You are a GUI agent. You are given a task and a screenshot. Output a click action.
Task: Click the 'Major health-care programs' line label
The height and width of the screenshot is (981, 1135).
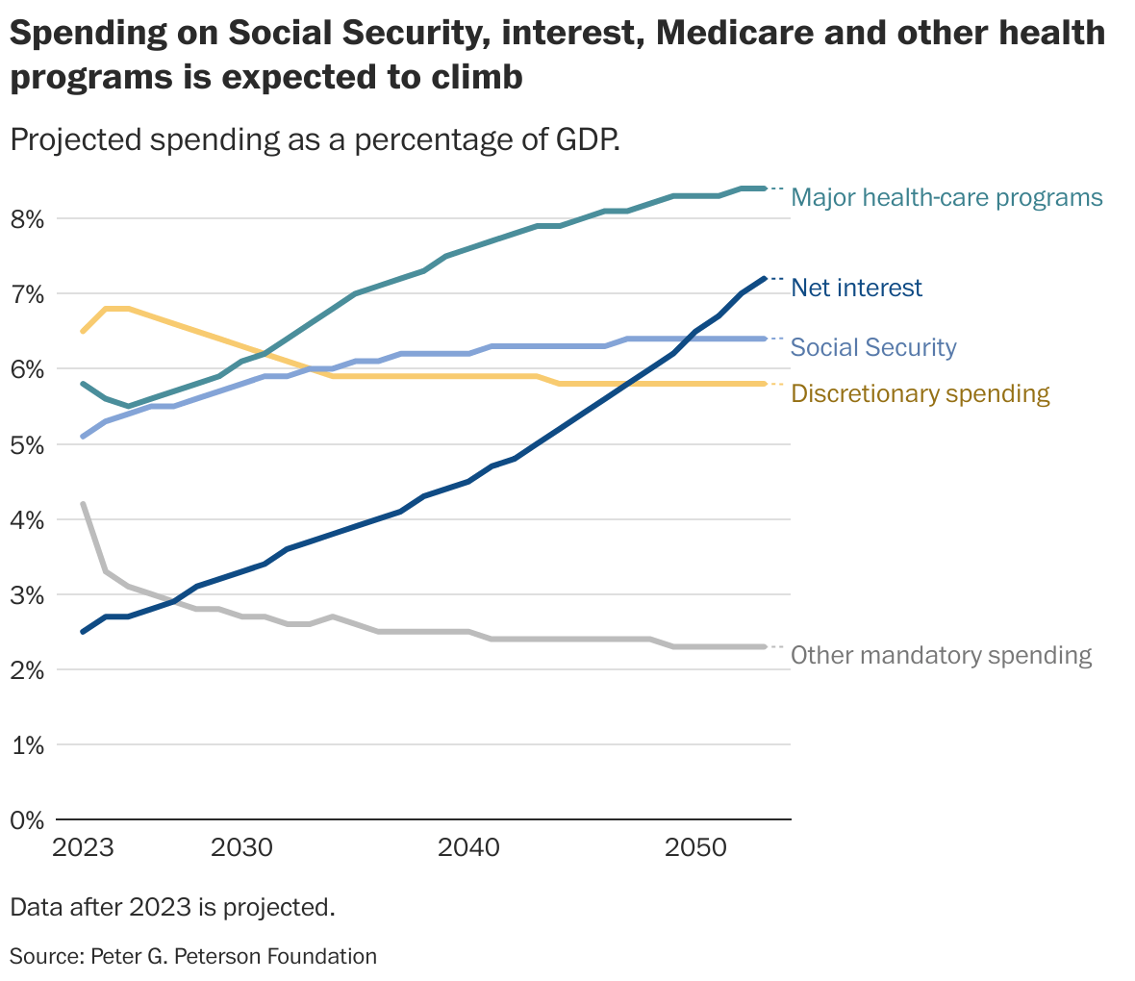coord(946,198)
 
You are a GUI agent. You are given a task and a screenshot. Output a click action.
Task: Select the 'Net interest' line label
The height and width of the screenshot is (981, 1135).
coord(856,288)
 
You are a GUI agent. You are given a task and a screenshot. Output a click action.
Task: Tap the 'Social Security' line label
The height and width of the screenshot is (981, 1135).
coord(873,347)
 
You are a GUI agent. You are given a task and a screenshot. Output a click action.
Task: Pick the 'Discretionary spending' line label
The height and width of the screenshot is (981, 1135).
coord(920,393)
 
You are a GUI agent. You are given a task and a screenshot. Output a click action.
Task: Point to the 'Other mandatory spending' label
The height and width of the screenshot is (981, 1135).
coord(941,656)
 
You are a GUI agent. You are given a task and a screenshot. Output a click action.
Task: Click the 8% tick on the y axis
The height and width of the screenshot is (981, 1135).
coord(28,219)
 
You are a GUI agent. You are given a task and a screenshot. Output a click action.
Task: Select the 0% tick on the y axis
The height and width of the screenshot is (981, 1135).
coord(28,820)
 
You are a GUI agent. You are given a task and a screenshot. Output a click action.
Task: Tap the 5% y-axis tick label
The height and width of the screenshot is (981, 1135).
coord(28,445)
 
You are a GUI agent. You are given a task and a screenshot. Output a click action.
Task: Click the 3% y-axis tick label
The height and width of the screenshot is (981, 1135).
coord(28,595)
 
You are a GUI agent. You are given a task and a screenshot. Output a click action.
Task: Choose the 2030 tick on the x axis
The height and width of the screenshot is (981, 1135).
coord(241,848)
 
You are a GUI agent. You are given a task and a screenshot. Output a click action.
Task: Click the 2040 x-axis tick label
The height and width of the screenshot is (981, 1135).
coord(468,848)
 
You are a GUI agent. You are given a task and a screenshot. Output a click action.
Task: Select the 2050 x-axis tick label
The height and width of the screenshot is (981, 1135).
coord(695,848)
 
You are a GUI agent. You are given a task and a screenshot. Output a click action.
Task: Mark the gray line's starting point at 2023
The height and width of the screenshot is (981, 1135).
coord(84,504)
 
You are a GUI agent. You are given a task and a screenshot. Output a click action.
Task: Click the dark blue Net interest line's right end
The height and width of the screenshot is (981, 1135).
coord(764,279)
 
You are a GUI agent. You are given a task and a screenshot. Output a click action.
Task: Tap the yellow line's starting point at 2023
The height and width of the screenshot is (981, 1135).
coord(84,331)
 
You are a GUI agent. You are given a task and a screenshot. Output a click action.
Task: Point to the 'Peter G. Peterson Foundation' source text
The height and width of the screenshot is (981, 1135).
coord(234,956)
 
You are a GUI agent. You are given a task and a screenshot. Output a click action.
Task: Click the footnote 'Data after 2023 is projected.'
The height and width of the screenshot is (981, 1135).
coord(172,907)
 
